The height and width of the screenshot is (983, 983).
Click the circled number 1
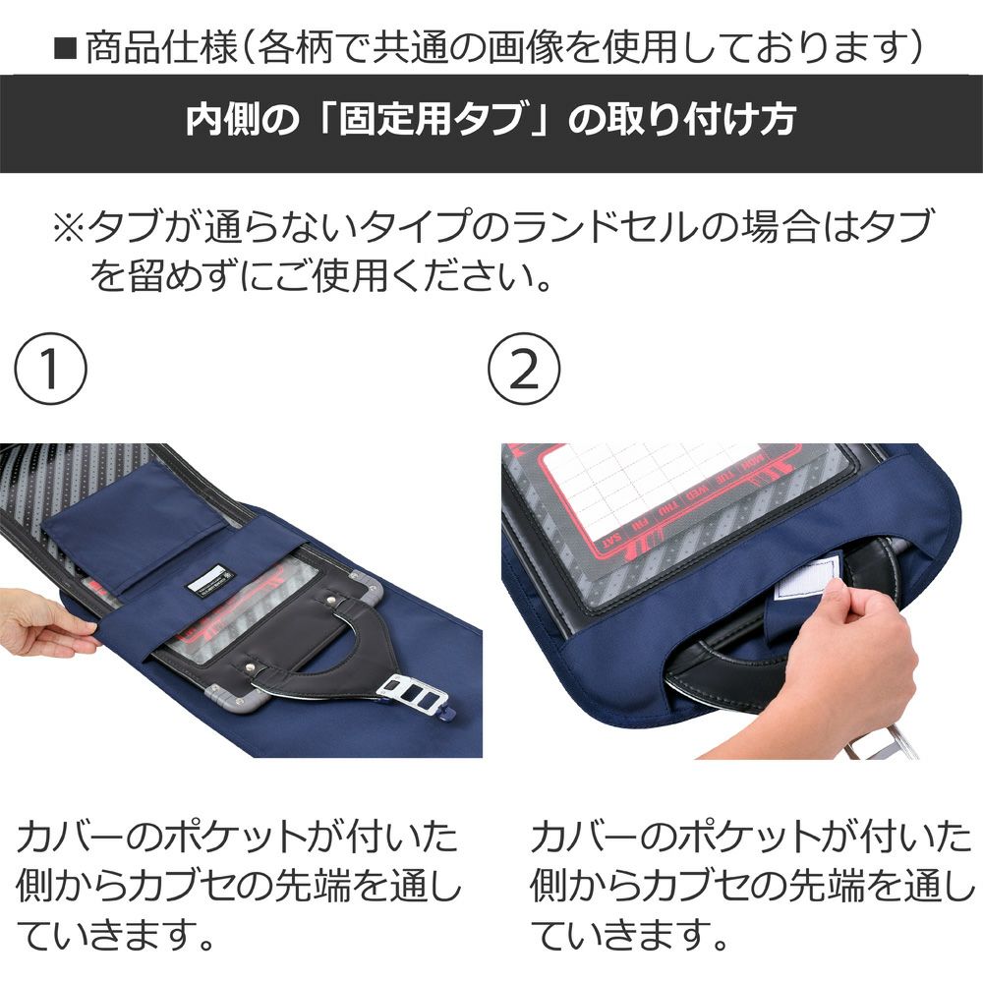[50, 369]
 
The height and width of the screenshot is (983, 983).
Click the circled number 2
[524, 369]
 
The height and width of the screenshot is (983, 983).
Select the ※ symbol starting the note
[69, 227]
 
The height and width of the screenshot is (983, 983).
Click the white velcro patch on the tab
[806, 577]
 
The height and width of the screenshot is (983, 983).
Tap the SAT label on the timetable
[611, 543]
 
